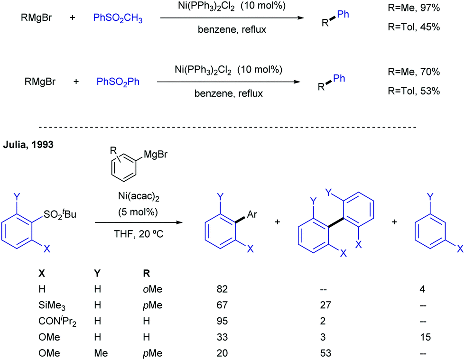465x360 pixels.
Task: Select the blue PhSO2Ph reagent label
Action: click(118, 82)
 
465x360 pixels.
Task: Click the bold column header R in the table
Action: click(146, 273)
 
